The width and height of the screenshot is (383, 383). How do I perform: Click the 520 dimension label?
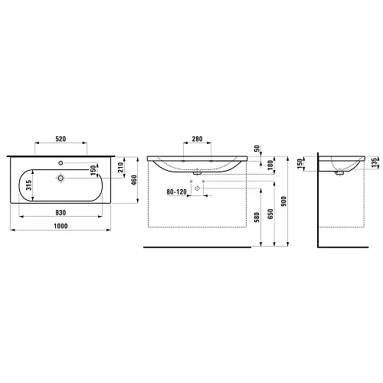pos(61,139)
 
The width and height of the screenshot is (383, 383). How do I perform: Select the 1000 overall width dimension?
pos(61,226)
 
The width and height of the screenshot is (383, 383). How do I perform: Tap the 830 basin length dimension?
pos(61,212)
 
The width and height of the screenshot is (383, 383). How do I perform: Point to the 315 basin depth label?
pos(29,185)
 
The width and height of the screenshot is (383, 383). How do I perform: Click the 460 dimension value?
pos(134,180)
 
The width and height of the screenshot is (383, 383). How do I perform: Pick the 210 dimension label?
pos(120,167)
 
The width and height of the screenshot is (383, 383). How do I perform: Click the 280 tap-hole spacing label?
pos(197,139)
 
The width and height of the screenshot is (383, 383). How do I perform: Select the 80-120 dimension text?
pos(177,191)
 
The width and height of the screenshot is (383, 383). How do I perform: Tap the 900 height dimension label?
pos(284,201)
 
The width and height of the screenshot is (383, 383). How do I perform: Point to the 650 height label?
pos(270,214)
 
